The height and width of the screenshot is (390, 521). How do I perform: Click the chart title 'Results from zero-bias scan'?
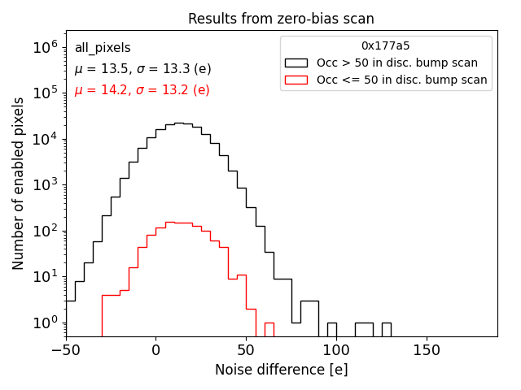pos(281,19)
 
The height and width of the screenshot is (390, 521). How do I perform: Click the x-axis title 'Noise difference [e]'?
pos(281,370)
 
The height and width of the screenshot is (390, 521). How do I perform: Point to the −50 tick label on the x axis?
pos(65,351)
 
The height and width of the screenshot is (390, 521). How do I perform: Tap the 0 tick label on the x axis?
pos(155,351)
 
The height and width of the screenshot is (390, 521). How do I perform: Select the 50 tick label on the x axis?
pos(246,351)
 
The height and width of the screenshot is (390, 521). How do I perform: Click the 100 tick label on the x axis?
pos(336,351)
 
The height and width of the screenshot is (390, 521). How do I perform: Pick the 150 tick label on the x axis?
pos(427,351)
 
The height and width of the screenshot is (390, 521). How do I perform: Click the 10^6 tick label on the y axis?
pos(45,47)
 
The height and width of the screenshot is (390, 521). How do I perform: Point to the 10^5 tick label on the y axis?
pos(45,93)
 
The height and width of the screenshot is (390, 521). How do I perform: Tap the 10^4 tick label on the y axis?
pos(45,139)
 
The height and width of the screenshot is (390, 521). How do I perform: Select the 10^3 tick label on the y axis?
pos(45,184)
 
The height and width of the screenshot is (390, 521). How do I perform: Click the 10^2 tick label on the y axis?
pos(45,231)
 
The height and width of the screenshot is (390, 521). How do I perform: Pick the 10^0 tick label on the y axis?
pos(45,323)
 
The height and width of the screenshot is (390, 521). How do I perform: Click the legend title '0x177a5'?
pos(386,46)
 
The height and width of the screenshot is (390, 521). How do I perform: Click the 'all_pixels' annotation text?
pos(103,48)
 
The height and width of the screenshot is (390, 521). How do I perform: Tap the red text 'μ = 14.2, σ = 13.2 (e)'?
pos(142,90)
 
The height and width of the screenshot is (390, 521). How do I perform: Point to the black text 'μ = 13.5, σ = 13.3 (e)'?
pos(142,69)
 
